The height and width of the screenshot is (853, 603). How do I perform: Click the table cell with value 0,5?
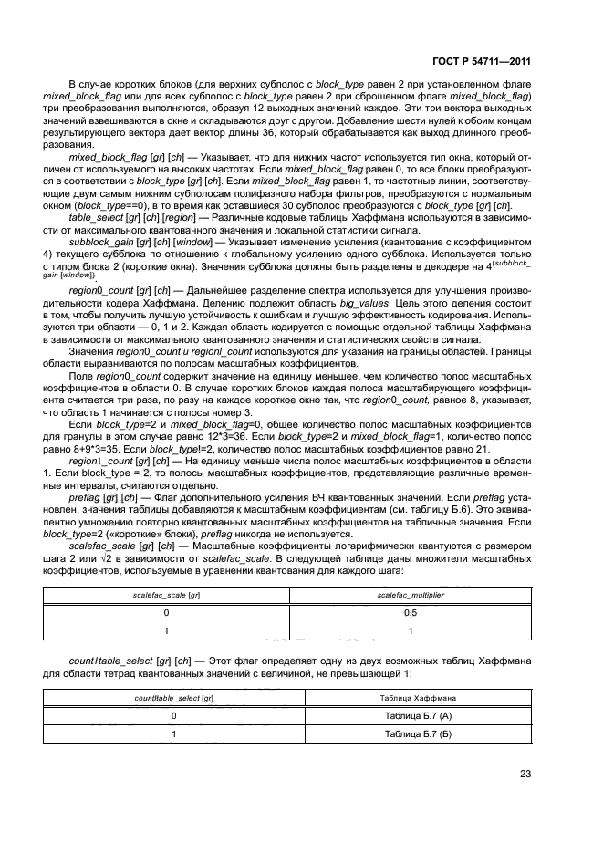(x=410, y=613)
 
